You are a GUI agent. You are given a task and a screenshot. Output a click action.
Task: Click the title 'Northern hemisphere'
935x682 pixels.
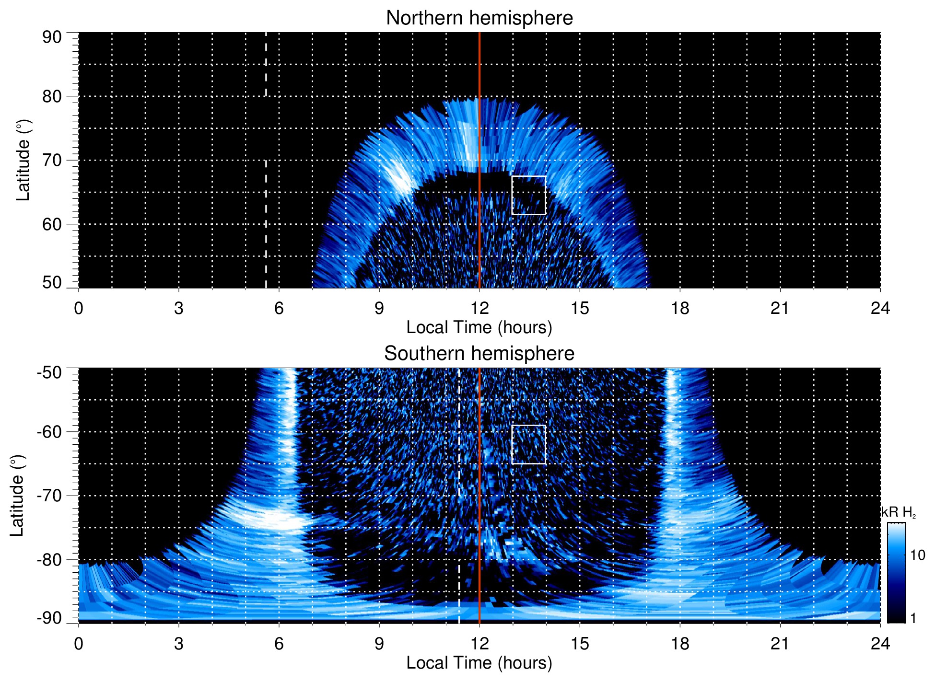pos(479,18)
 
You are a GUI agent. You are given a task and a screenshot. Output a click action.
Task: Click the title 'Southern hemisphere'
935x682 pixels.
pos(479,354)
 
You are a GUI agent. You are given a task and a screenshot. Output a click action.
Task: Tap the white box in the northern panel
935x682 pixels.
pos(528,195)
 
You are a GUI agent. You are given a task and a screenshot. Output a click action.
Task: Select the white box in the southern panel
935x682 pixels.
pos(528,444)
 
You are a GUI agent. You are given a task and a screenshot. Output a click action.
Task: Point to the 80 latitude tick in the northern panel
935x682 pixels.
pos(52,96)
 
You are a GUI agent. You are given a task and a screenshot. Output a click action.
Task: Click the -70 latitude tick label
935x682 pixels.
pos(49,496)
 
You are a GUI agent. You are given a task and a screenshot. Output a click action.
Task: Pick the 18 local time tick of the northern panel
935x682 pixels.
pos(679,308)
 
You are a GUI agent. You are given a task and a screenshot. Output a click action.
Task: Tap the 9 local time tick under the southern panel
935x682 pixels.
pos(379,644)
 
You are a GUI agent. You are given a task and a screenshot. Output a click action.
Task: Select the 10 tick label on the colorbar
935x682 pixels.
pos(917,555)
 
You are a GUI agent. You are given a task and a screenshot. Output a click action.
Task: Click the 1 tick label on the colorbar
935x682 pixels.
pos(913,618)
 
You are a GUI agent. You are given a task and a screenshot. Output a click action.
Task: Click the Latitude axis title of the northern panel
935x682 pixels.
pos(23,160)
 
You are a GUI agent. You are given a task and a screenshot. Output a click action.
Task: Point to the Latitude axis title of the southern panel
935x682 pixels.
pos(17,496)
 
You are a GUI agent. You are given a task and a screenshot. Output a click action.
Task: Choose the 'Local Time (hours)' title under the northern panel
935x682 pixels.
pos(479,327)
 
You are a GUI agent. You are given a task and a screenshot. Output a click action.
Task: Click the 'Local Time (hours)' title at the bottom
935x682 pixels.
pos(479,663)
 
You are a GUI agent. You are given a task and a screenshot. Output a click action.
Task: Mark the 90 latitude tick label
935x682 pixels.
pos(52,37)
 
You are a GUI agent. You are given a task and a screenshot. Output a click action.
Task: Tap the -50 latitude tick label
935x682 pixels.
pos(49,372)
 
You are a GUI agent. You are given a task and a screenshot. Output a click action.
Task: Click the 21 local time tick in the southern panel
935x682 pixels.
pos(780,644)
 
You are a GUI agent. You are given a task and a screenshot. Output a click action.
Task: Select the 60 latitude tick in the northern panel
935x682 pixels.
pos(52,224)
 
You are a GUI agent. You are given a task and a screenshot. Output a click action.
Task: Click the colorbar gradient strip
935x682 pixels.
pos(896,573)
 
